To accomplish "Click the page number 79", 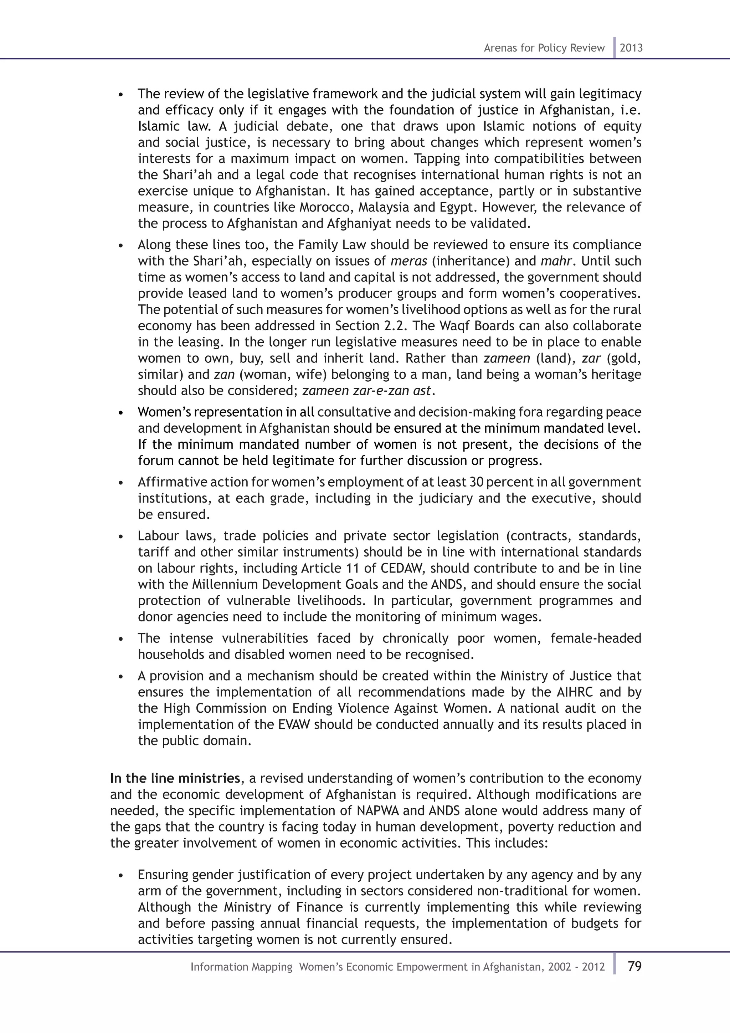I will click(634, 966).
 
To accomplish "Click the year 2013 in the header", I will click(631, 48).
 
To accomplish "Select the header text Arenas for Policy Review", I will click(544, 48).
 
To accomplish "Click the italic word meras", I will click(408, 261).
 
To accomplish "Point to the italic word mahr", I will click(556, 261).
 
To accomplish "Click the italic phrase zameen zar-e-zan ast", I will click(367, 391).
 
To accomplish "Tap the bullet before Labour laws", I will click(120, 537).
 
